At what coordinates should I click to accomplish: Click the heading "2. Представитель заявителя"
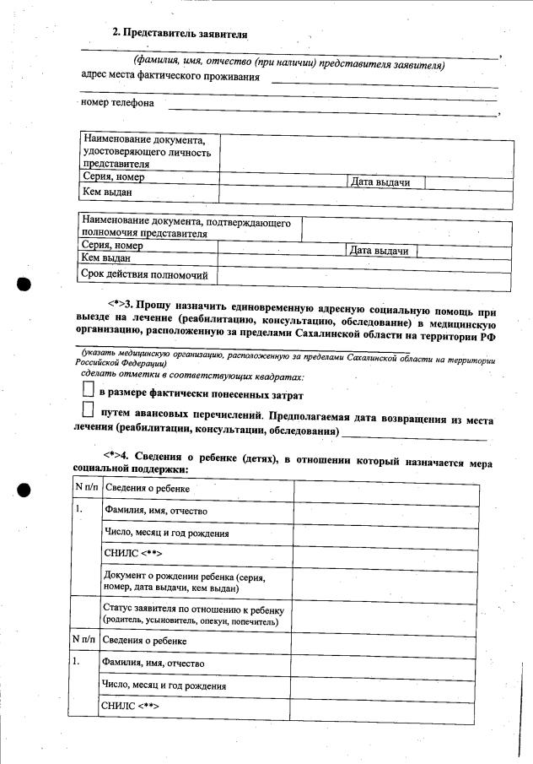click(x=180, y=33)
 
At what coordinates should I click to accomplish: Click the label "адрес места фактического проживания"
click(x=170, y=77)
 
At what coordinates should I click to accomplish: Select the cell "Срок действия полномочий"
click(x=148, y=274)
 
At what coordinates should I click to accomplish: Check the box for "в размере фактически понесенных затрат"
click(x=88, y=391)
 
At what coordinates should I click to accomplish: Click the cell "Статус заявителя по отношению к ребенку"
click(x=196, y=614)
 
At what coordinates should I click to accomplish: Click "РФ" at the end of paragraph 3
click(x=487, y=334)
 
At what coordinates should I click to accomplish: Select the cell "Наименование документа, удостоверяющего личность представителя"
click(x=148, y=151)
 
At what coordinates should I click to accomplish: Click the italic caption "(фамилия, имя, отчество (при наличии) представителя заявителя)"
click(x=289, y=64)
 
